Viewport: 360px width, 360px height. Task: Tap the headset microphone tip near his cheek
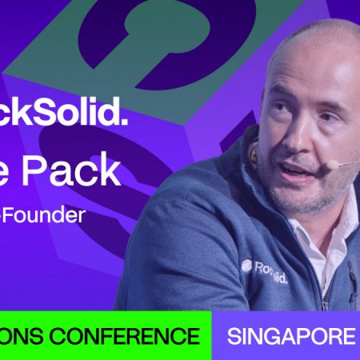click(x=331, y=163)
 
